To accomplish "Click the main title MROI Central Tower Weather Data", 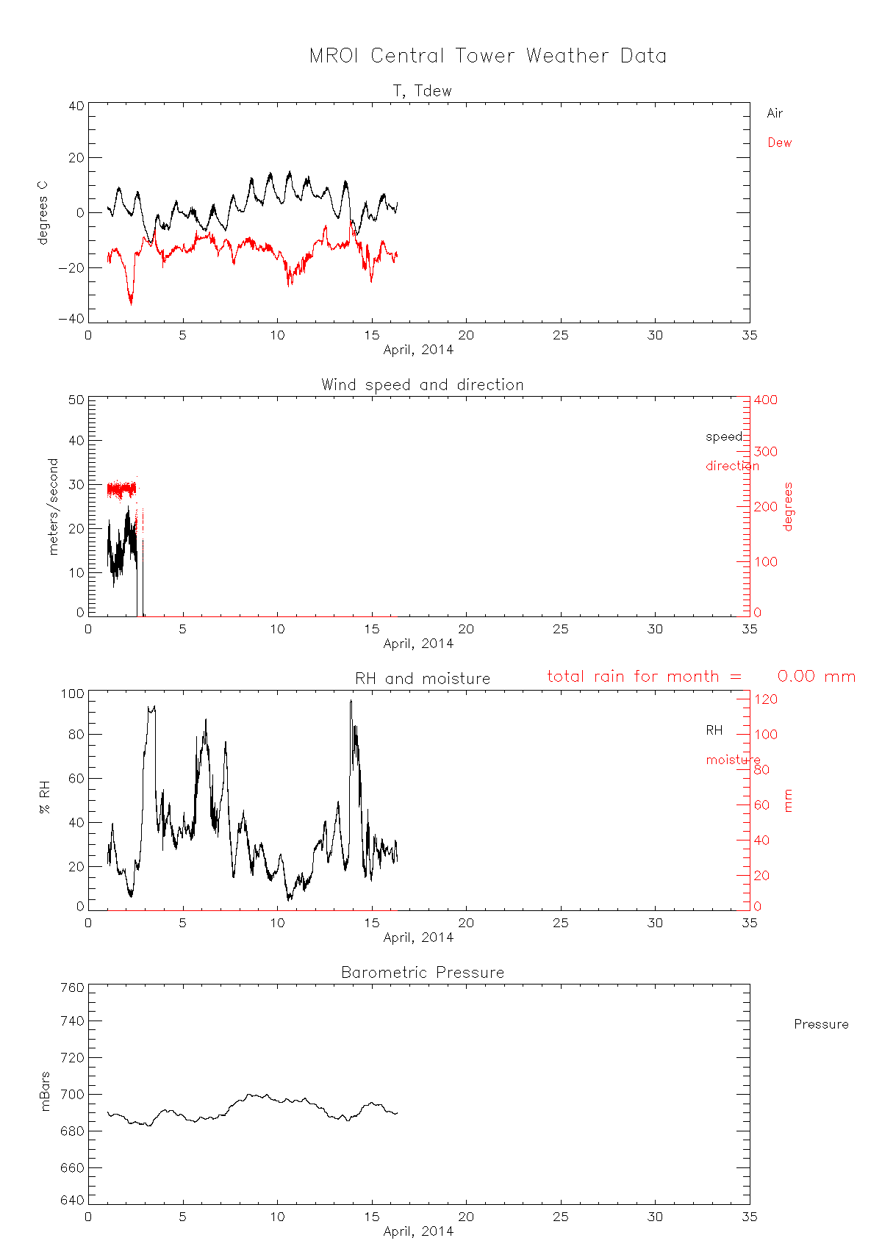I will point(487,56).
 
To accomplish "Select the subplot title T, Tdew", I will point(422,91).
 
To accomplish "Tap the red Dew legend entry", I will point(779,143).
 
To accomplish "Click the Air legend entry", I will point(775,113).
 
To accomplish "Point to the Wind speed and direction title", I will point(422,385).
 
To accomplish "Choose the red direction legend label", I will point(732,466).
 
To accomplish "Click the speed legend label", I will point(724,436).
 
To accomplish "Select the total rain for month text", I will point(644,677).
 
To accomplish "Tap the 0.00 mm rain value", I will point(816,677).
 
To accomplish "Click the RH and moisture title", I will point(422,679).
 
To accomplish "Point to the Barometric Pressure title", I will point(422,973).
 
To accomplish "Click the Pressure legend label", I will point(821,1024).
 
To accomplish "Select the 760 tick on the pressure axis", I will point(71,987).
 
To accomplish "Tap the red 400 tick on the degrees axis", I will point(765,400).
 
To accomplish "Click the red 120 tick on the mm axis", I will point(765,699).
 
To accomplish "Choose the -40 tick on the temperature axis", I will point(71,319).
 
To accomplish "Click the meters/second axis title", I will point(53,506).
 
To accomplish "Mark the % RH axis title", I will point(46,799).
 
